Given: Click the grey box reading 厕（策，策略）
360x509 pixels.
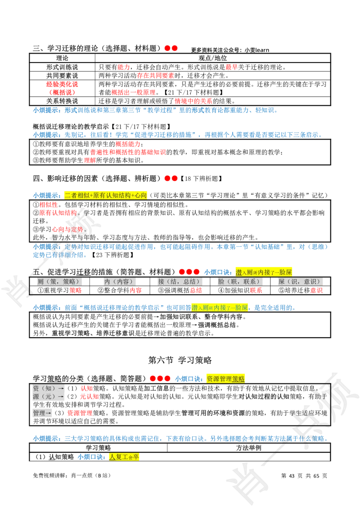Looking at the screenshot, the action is [59, 281].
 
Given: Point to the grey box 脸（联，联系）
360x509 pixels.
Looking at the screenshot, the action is [239, 281].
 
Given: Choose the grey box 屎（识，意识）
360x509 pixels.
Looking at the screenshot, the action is [300, 281].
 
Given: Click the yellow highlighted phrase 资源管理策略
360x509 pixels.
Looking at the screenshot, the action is [226, 379].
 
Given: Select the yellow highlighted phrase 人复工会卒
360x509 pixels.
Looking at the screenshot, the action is [124, 457].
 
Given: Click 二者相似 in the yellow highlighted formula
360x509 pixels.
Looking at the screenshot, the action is [76, 195].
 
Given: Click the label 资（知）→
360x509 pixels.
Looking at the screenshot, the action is [49, 388].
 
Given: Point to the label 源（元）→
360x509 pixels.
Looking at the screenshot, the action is [49, 397].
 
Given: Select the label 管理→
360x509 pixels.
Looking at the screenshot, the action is [43, 413].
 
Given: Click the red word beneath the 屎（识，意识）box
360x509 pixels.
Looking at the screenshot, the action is [316, 290].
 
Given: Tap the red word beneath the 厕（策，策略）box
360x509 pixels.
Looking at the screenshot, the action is [76, 290].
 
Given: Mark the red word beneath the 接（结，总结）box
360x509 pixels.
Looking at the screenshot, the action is [195, 290].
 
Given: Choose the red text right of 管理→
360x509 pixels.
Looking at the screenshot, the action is [80, 413].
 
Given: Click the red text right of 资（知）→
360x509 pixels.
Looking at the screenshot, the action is [86, 388].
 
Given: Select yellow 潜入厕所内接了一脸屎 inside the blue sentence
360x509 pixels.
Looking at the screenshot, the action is [220, 308].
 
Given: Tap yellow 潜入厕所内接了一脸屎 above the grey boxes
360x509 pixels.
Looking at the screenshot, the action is [264, 272].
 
